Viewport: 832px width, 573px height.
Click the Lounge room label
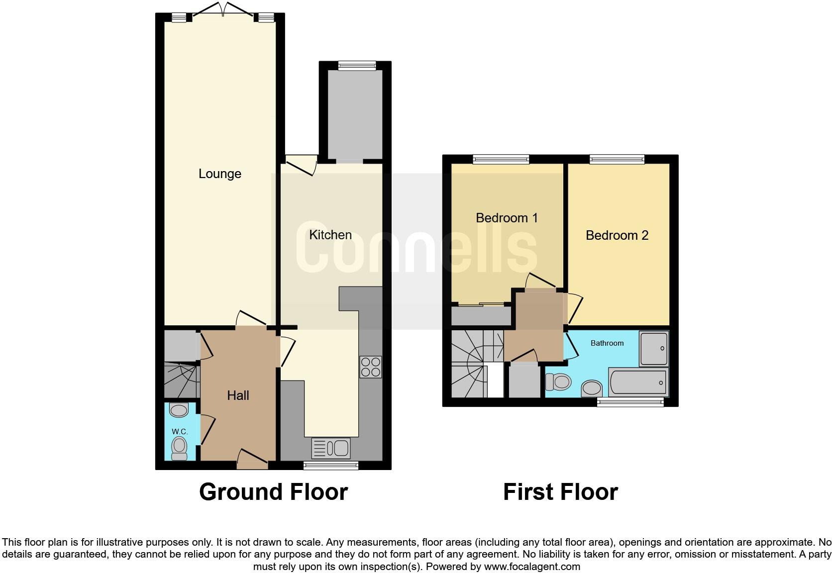pos(219,174)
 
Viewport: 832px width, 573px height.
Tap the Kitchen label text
pos(330,235)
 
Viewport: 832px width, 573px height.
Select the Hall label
pos(238,395)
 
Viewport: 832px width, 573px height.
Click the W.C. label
pos(179,431)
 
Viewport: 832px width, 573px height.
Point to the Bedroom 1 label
pos(507,218)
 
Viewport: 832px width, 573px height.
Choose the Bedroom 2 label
pos(617,235)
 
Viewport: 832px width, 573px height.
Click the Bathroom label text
pos(607,343)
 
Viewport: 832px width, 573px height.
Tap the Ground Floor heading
pos(273,492)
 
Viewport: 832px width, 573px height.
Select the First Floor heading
pos(560,492)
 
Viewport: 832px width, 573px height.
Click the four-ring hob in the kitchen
pos(370,367)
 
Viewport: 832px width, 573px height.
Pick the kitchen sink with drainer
pos(331,448)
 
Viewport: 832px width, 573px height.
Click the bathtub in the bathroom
pos(638,382)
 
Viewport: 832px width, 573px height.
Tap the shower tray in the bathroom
pos(654,349)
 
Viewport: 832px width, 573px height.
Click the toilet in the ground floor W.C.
pos(179,447)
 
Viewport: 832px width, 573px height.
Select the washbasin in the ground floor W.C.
pos(179,410)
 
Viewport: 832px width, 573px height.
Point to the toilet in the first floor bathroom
pos(557,382)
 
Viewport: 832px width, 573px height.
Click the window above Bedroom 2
pos(617,159)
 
